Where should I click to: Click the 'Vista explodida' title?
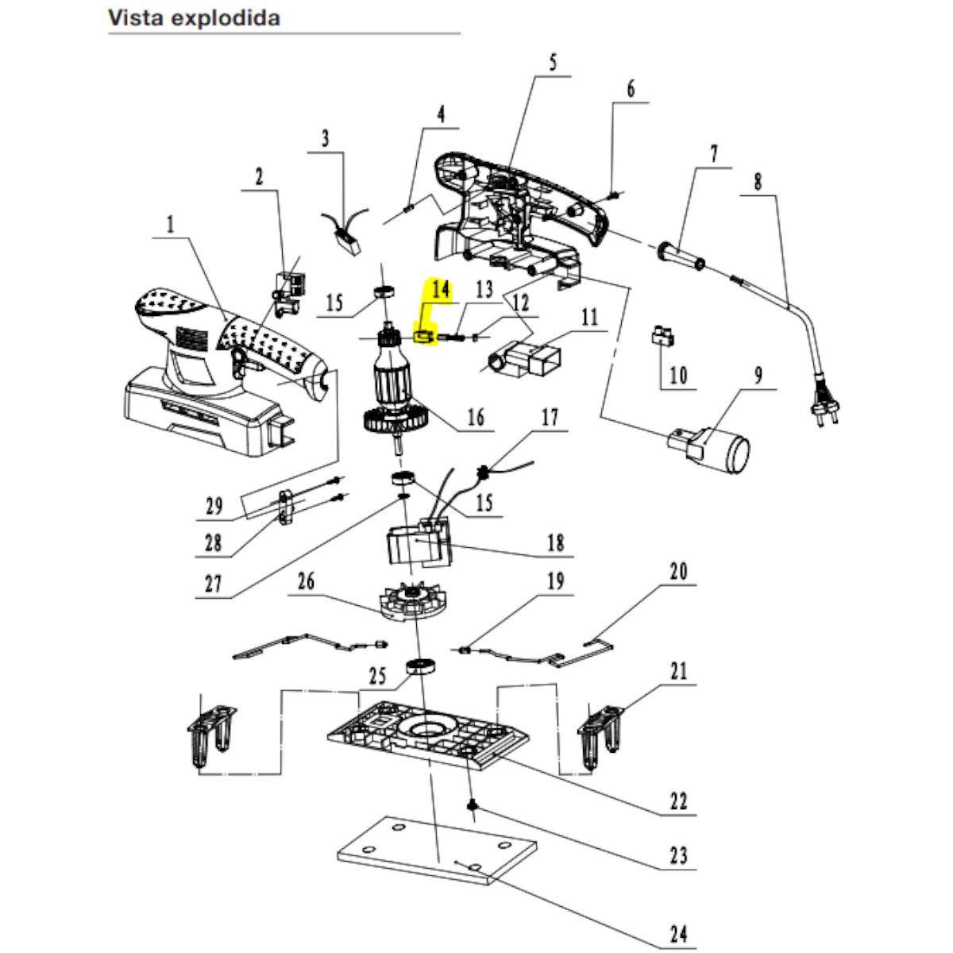pos(194,17)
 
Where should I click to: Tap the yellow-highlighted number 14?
pos(441,291)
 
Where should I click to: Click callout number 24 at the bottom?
pos(678,933)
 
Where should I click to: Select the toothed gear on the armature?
pos(395,419)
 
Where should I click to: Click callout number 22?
pos(677,801)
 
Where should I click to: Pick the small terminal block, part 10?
pos(662,337)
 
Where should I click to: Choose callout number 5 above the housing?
pos(553,62)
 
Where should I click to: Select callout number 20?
pos(678,572)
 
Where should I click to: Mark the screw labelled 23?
pos(473,806)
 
